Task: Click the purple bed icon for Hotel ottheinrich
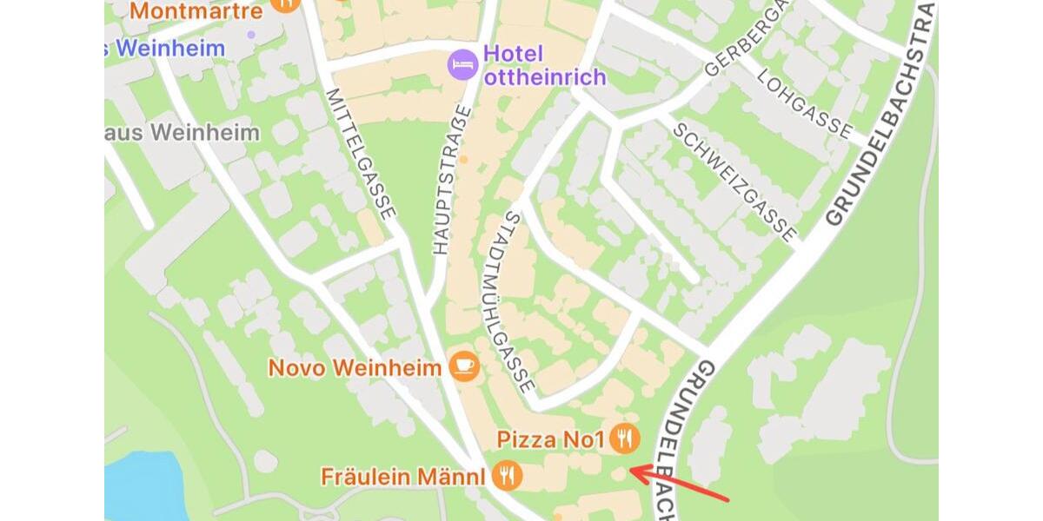pyautogui.click(x=462, y=63)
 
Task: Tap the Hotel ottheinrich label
pyautogui.click(x=544, y=64)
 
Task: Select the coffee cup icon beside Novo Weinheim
pyautogui.click(x=464, y=366)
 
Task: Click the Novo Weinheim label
pyautogui.click(x=355, y=367)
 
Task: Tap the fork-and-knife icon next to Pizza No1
pyautogui.click(x=624, y=439)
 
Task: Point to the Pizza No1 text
pyautogui.click(x=550, y=439)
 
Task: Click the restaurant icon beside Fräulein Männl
pyautogui.click(x=507, y=476)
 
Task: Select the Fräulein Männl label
pyautogui.click(x=402, y=477)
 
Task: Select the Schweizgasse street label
pyautogui.click(x=734, y=181)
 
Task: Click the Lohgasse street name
pyautogui.click(x=804, y=103)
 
